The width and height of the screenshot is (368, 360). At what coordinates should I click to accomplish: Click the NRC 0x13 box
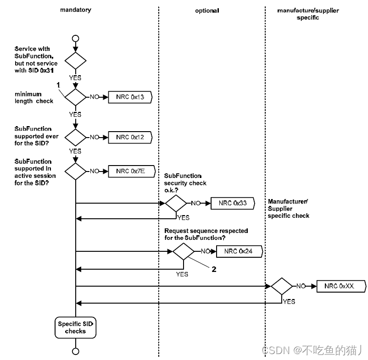129,97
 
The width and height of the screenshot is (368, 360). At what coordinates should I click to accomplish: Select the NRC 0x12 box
129,137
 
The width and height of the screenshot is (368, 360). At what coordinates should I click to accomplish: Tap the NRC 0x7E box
129,171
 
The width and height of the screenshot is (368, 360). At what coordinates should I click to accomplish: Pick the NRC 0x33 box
232,203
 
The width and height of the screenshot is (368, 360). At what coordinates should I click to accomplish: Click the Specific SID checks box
76,327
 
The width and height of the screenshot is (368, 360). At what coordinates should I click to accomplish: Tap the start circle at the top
76,38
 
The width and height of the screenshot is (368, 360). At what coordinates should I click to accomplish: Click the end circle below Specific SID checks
76,351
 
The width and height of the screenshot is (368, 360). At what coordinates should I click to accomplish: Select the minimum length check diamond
76,97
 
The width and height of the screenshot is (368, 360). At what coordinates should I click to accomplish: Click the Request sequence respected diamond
184,251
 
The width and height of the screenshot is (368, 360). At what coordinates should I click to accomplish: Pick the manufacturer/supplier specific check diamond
281,286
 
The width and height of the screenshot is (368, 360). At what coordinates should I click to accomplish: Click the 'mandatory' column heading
76,10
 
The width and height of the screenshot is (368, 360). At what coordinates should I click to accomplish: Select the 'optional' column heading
207,10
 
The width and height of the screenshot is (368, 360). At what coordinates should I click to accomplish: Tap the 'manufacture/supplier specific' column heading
307,14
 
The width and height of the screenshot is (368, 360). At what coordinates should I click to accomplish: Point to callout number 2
213,269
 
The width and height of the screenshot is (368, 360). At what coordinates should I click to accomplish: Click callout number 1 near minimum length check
58,85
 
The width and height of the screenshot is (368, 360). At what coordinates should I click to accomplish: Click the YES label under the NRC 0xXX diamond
289,302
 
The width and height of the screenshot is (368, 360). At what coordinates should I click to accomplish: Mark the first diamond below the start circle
76,61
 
